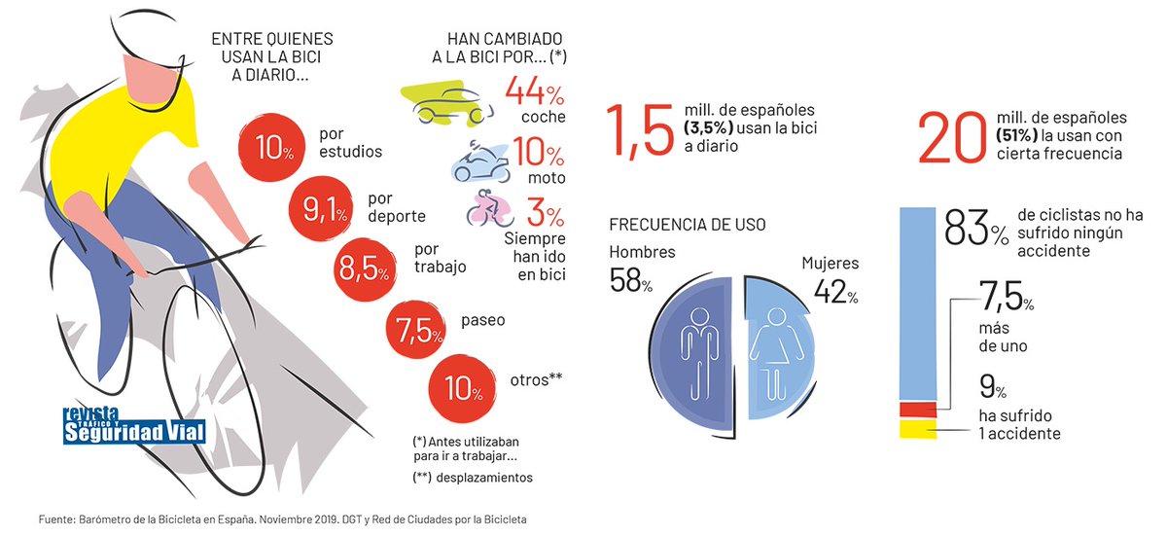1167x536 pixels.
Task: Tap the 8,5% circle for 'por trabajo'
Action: (362, 266)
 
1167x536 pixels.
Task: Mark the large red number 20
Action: (953, 140)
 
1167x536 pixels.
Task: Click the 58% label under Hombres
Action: (630, 280)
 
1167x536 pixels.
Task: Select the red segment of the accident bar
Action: (918, 409)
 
